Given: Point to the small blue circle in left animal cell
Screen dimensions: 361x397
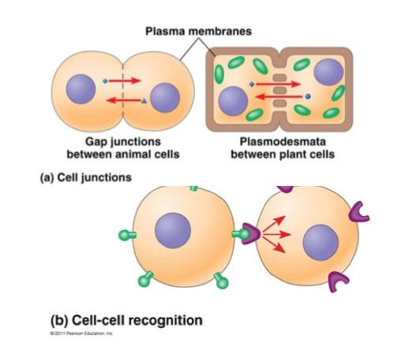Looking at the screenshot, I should pyautogui.click(x=105, y=80).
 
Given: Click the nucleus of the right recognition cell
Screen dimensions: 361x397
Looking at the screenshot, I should pyautogui.click(x=320, y=241).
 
